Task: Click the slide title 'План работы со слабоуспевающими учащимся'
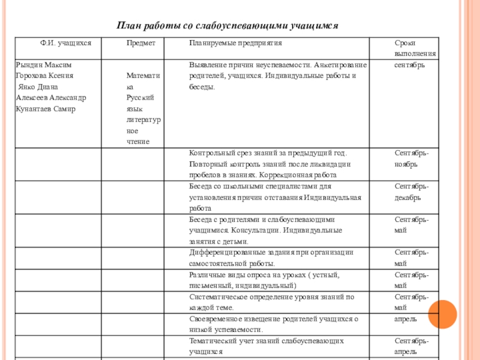(x=227, y=26)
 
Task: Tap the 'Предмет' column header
(x=141, y=44)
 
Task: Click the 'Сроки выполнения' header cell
(x=415, y=49)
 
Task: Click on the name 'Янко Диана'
(x=41, y=86)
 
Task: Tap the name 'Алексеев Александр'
(x=51, y=97)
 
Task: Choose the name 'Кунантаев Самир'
(x=46, y=109)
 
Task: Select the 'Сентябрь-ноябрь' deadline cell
(x=411, y=159)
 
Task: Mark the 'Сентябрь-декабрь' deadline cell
(x=411, y=192)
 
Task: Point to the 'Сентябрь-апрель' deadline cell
(x=411, y=346)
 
